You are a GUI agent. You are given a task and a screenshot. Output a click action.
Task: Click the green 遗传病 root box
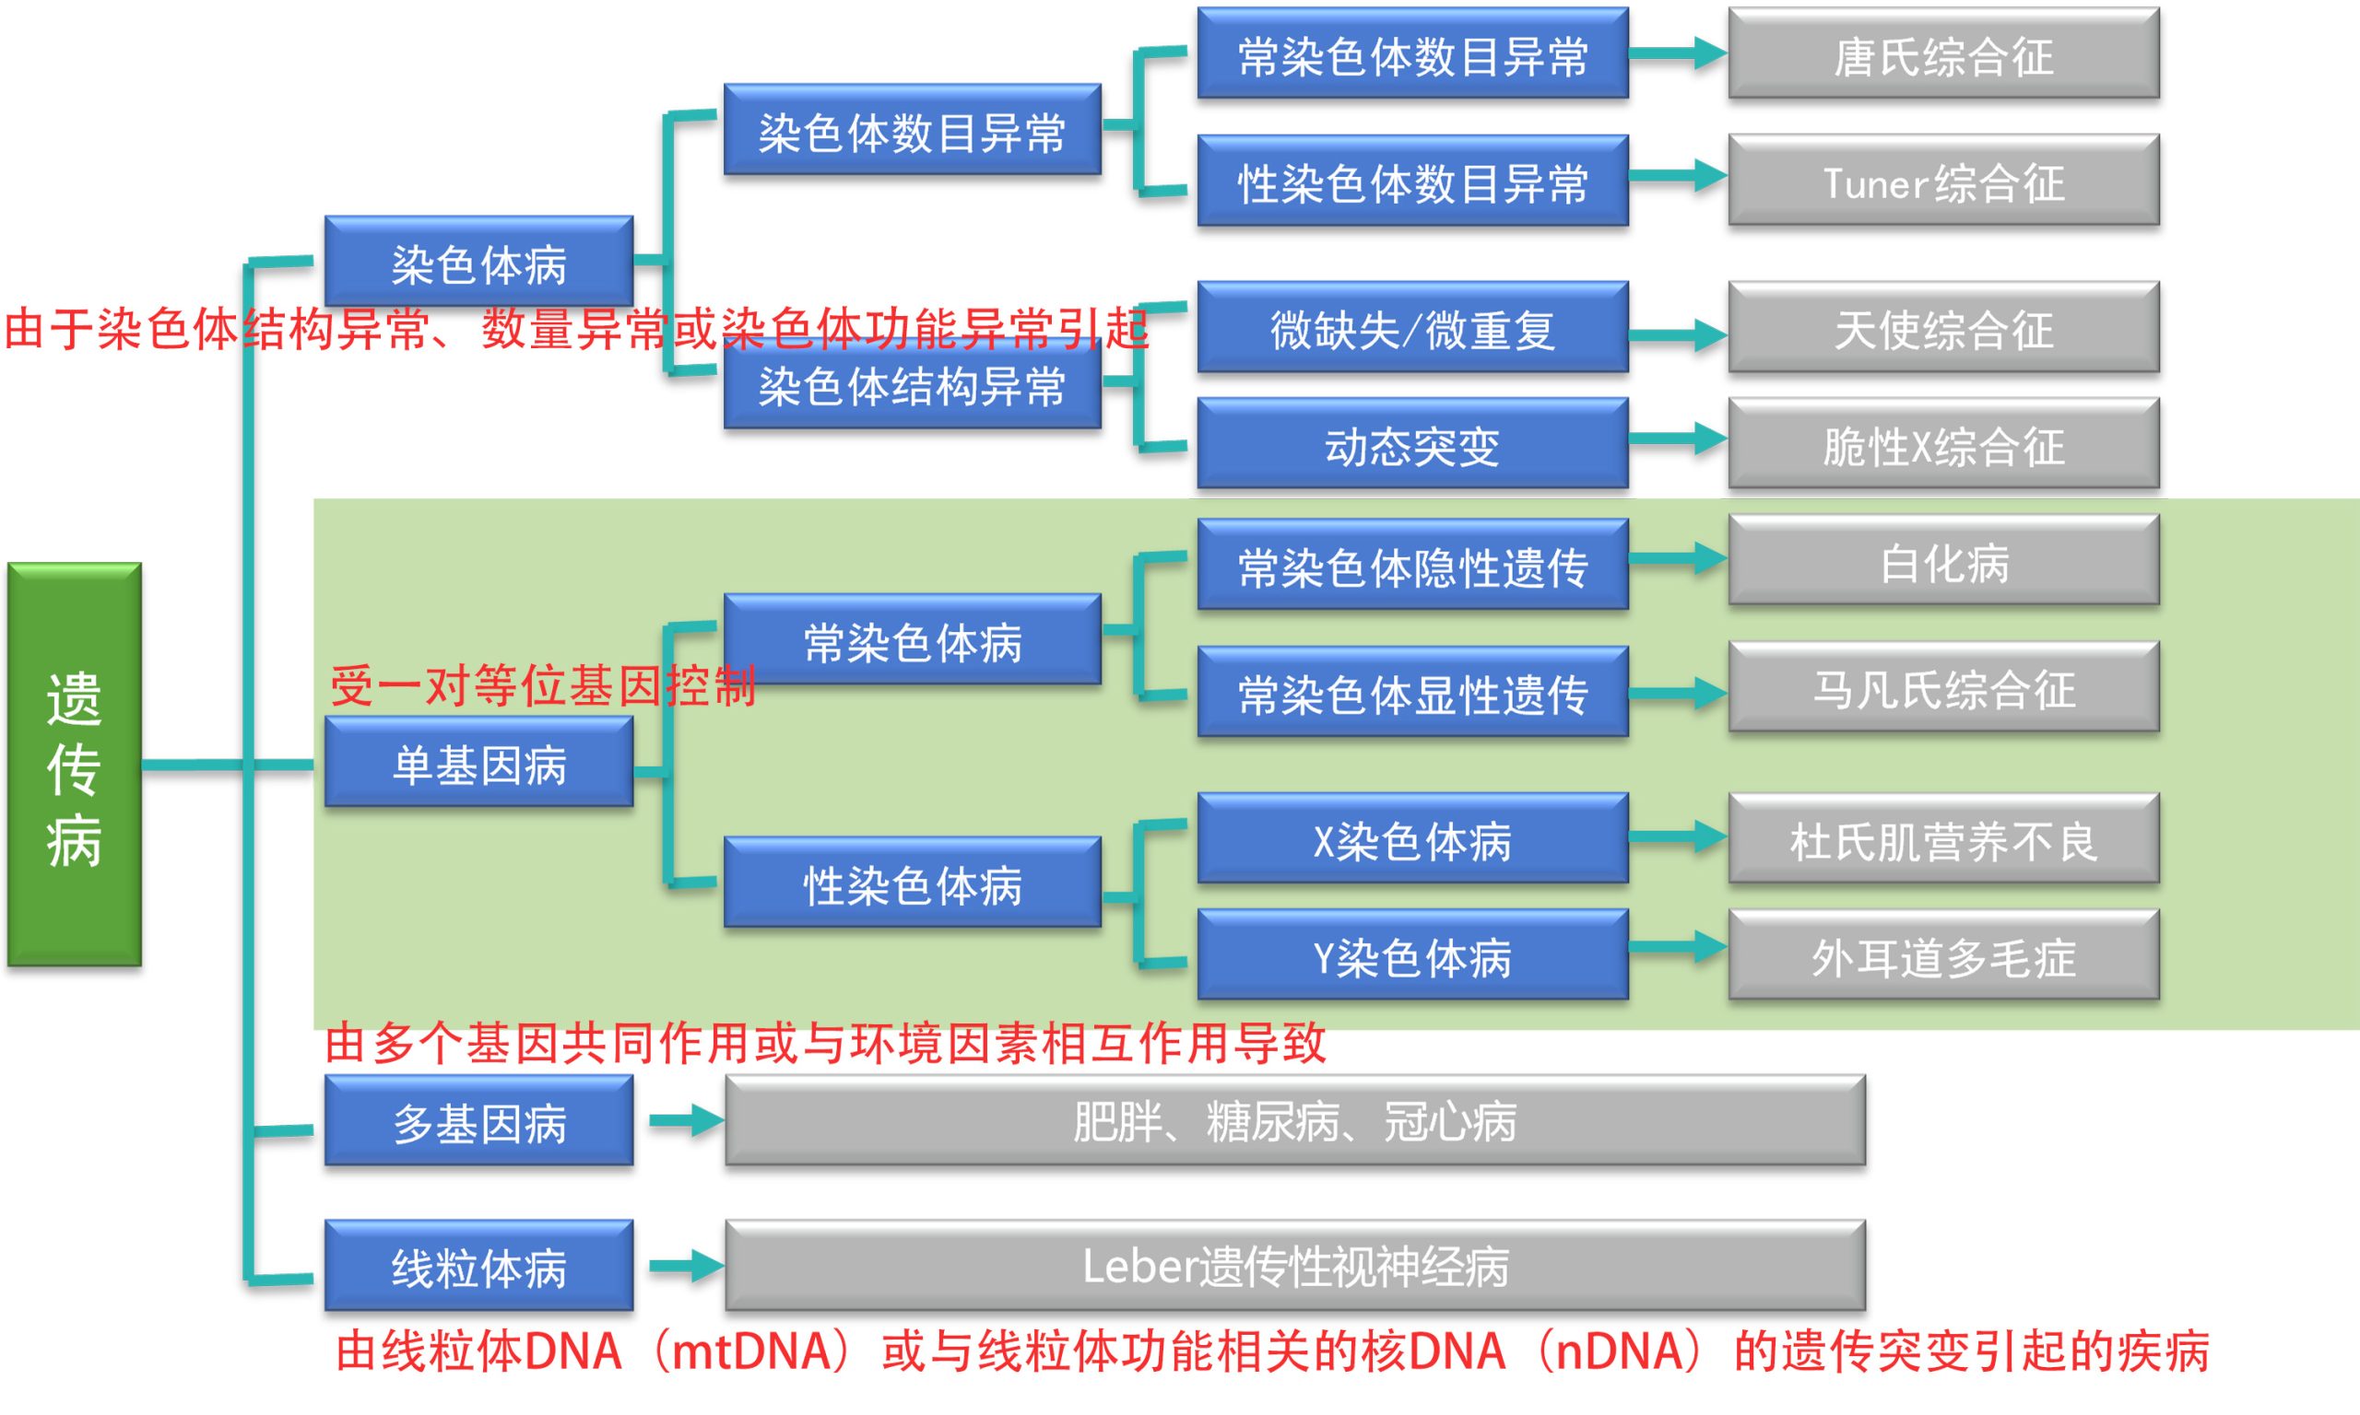(x=75, y=764)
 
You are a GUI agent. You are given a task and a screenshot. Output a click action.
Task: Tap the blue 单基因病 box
(x=478, y=762)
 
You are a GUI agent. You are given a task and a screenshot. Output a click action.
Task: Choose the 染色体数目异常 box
(x=911, y=130)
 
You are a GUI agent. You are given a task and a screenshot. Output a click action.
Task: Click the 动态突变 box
(x=1411, y=443)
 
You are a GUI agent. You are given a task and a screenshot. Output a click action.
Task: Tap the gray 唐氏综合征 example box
(x=1943, y=53)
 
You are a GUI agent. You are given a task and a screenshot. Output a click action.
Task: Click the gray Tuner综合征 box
(x=1943, y=181)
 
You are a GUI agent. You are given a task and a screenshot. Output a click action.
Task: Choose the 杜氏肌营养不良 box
(x=1943, y=838)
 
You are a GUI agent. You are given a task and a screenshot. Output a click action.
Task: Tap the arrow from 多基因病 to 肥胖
(x=686, y=1120)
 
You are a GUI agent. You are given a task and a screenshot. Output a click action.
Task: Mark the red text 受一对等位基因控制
(x=543, y=686)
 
